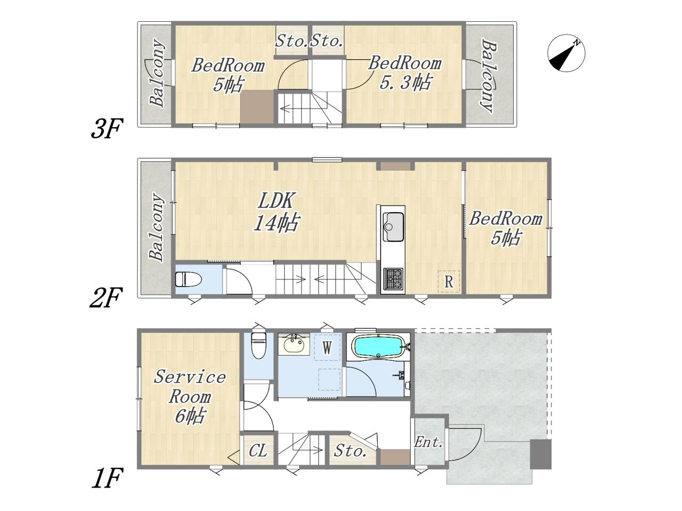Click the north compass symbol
pos(566,53)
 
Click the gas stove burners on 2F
pos(393,278)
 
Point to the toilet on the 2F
pos(188,279)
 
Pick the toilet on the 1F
pos(258,345)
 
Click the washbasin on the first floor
pos(294,344)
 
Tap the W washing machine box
pos(327,347)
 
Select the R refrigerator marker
pos(449,282)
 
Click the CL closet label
pos(257,450)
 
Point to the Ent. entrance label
pos(428,442)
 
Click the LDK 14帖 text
pos(276,212)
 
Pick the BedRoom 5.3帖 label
pos(405,72)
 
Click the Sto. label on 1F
pos(350,451)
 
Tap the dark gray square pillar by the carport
pos(541,454)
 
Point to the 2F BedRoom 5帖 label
pos(506,228)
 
